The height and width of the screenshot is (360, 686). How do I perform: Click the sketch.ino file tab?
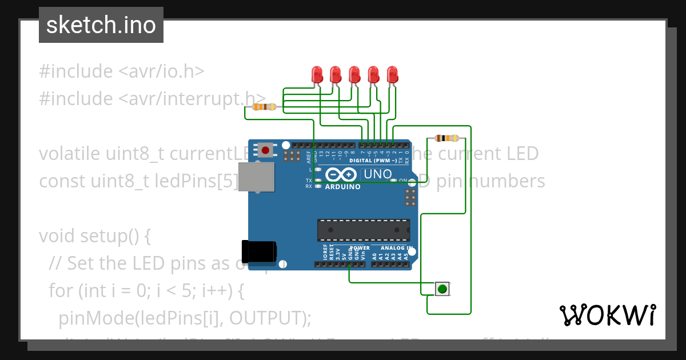[101, 25]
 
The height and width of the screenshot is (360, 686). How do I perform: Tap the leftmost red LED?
[317, 74]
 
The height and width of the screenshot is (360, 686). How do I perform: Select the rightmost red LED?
[392, 74]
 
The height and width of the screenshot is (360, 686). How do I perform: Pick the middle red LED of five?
[354, 74]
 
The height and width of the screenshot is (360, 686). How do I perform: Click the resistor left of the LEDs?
[264, 107]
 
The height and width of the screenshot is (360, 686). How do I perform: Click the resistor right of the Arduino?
[446, 138]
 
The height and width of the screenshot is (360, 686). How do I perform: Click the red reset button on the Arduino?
[265, 150]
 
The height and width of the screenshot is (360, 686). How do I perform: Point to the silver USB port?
[255, 177]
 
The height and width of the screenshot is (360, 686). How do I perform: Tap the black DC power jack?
[259, 252]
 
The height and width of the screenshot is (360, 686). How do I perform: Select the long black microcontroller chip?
[364, 230]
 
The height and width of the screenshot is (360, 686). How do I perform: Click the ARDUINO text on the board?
[342, 186]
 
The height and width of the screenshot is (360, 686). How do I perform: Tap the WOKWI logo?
[607, 315]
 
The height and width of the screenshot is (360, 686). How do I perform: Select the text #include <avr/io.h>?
[121, 71]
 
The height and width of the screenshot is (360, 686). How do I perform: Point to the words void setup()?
[95, 236]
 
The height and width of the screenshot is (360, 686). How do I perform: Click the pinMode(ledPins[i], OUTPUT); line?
[185, 318]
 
